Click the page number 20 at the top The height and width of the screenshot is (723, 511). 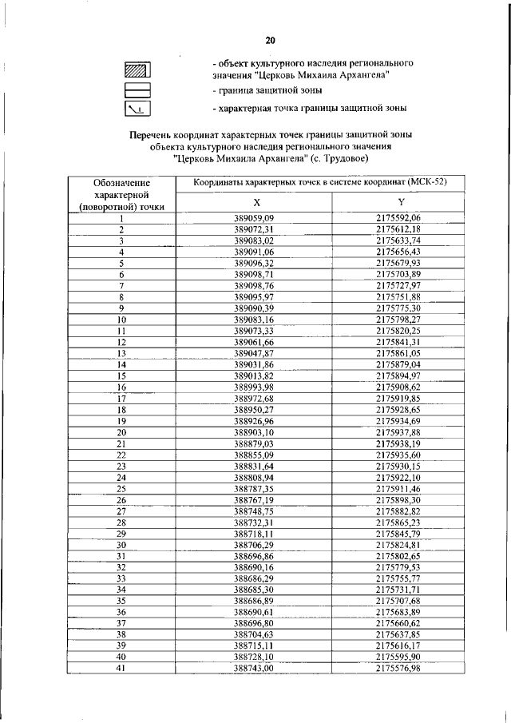pyautogui.click(x=271, y=41)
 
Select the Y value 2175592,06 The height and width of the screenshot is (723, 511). pyautogui.click(x=398, y=218)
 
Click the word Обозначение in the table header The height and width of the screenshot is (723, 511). pyautogui.click(x=122, y=183)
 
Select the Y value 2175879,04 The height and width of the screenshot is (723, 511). pyautogui.click(x=398, y=363)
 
